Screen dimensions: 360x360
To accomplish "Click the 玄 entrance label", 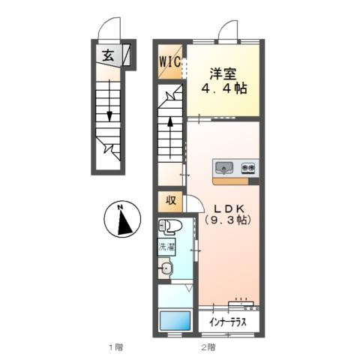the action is click(x=109, y=55).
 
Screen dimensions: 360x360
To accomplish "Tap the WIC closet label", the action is click(x=170, y=61).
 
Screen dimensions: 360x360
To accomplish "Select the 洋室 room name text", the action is click(x=223, y=73).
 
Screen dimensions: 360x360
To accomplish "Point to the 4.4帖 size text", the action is click(x=224, y=88).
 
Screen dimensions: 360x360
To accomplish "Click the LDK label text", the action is click(x=228, y=208).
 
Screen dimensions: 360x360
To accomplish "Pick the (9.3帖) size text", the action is click(x=228, y=220).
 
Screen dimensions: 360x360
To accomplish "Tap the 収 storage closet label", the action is click(x=171, y=200).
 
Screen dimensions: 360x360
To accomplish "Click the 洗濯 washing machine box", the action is click(x=166, y=247).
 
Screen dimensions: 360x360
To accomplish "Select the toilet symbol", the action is click(x=170, y=226).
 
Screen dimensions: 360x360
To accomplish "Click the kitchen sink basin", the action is click(x=224, y=168).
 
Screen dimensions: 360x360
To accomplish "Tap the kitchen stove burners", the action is click(x=248, y=168).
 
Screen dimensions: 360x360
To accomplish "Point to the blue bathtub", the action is click(x=175, y=321).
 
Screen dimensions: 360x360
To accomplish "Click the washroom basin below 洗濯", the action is click(x=166, y=268).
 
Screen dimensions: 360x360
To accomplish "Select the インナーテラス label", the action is click(x=228, y=322).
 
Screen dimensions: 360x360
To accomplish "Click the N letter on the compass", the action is click(x=121, y=207).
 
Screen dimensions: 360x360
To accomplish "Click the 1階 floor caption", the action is click(x=116, y=347).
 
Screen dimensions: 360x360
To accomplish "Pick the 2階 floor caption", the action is click(x=208, y=347).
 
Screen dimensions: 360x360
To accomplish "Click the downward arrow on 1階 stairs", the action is click(x=109, y=100).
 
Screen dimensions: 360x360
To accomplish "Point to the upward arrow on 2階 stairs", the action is click(x=170, y=137).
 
